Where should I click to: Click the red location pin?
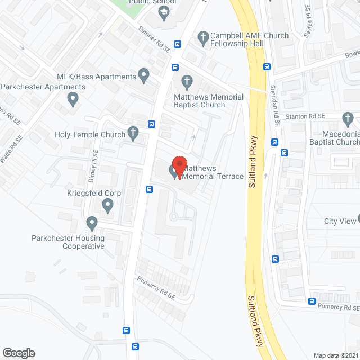point(179,166)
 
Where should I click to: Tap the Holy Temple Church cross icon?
point(133,134)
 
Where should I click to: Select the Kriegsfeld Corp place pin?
point(107,206)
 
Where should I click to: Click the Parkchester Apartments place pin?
point(72,100)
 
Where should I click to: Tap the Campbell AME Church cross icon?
point(203,38)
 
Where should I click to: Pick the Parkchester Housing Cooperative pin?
point(91,224)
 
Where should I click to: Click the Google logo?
point(19,353)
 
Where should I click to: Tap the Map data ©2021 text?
point(335,355)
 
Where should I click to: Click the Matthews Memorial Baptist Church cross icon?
point(186,82)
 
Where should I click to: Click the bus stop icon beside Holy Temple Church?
point(151,124)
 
